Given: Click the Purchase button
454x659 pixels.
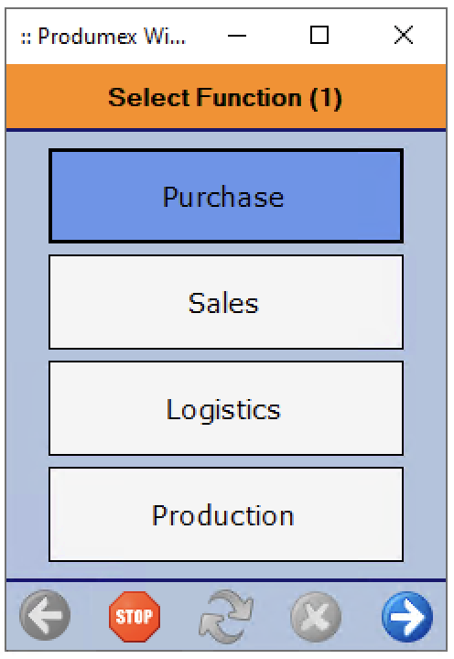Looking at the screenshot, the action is (x=226, y=196).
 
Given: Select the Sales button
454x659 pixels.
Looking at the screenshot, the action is (x=226, y=302).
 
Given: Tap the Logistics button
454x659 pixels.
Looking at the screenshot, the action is (x=226, y=408).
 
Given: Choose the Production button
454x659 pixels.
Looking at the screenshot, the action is (x=226, y=514).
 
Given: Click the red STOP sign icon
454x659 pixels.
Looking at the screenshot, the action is (x=135, y=616).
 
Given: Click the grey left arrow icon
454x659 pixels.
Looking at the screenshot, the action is (x=45, y=615).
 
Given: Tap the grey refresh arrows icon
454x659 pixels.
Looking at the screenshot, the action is (x=226, y=616).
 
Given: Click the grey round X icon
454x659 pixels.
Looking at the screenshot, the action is (x=316, y=617).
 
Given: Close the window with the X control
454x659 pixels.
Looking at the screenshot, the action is (x=404, y=35).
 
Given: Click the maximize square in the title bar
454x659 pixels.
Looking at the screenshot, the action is (x=319, y=35).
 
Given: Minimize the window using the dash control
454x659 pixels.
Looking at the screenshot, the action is (x=237, y=36).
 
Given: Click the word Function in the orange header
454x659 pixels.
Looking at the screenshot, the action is (x=249, y=98).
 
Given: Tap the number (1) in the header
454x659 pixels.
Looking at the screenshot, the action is (x=326, y=98).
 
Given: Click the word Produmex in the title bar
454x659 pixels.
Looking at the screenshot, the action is (x=88, y=36).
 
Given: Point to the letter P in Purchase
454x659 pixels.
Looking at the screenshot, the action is (x=170, y=196).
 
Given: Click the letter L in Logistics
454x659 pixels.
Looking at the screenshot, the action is (x=174, y=409).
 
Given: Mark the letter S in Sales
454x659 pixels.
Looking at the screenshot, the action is (x=196, y=303).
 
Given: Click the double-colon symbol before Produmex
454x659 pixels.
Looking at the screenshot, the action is (x=26, y=38).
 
